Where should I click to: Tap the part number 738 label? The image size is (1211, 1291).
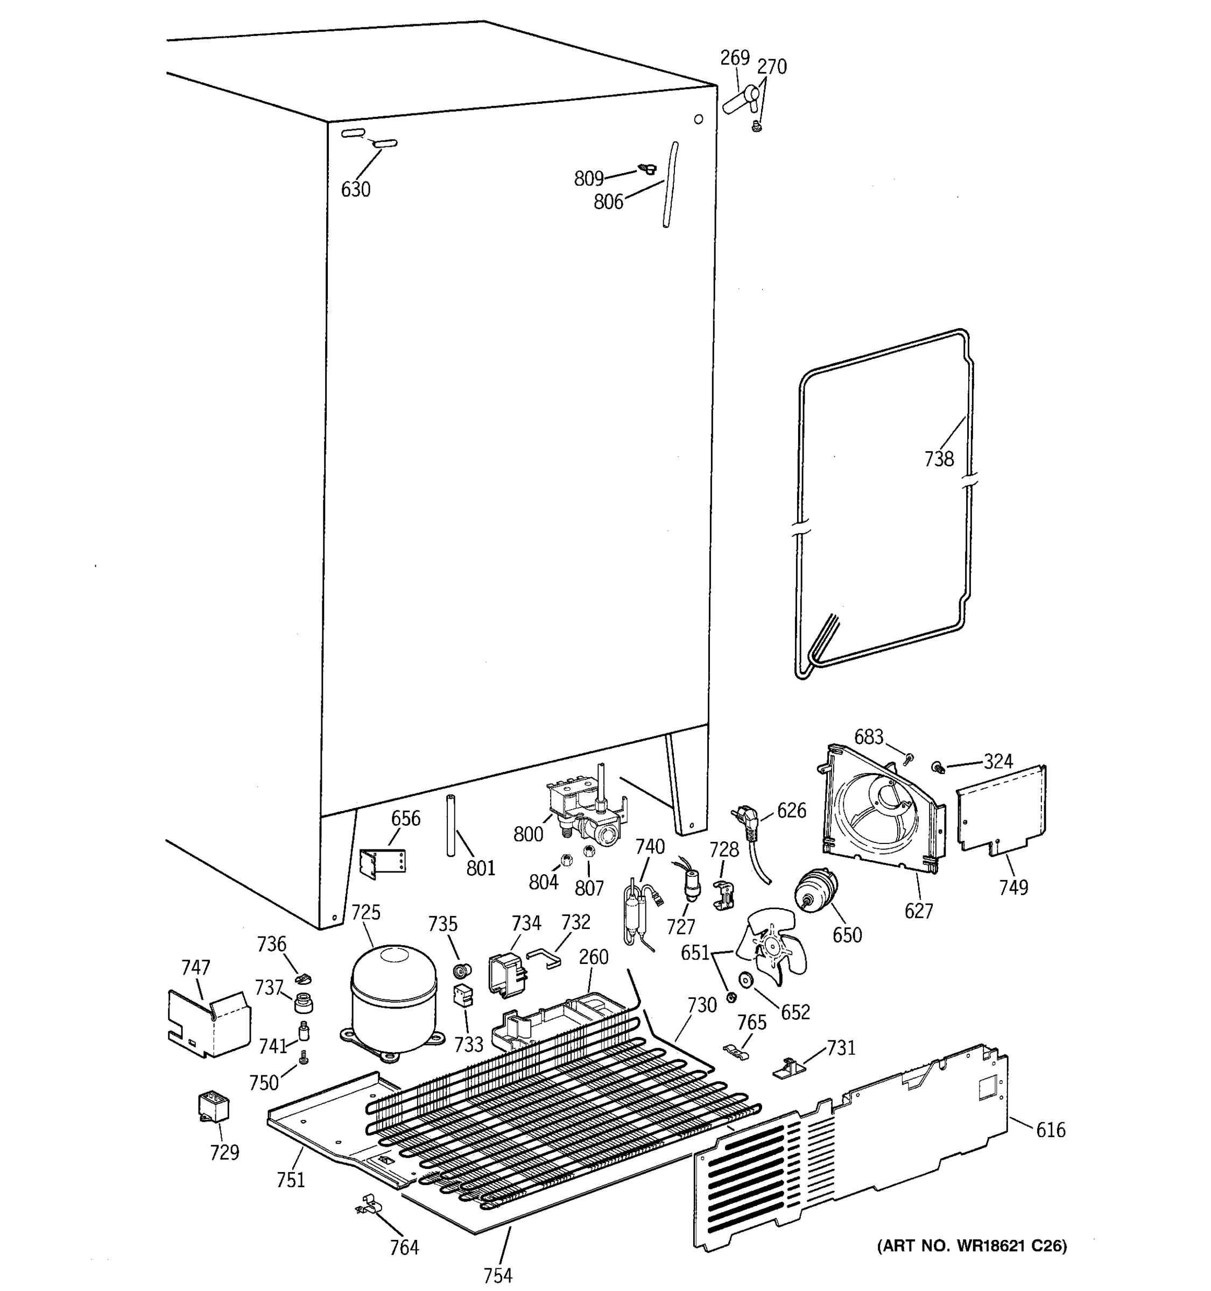[x=939, y=459]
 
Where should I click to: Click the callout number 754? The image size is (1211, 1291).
[x=498, y=1275]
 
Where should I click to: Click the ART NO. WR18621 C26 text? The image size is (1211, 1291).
[x=972, y=1245]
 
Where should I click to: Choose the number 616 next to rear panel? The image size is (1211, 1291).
[x=1051, y=1131]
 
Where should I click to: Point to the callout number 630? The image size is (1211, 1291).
[x=355, y=190]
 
